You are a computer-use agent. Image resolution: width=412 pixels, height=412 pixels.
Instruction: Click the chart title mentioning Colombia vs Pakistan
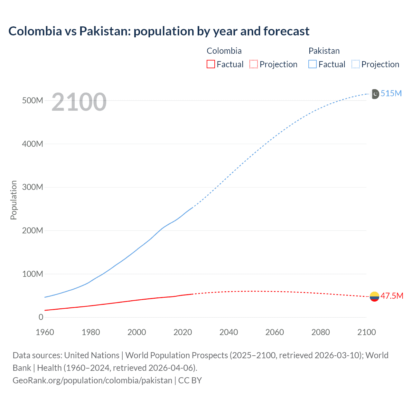point(159,31)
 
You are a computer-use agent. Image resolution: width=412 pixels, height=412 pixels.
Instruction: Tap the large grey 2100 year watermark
point(79,102)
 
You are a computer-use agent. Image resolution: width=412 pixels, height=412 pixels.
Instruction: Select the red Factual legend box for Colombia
point(211,64)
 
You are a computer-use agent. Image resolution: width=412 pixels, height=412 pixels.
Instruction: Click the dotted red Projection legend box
point(254,64)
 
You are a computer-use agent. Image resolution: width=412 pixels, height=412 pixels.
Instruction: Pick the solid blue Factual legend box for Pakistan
point(313,64)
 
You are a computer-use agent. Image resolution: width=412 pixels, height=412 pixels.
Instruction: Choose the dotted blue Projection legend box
point(356,64)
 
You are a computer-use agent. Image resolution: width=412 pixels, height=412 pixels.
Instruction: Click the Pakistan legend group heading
point(324,51)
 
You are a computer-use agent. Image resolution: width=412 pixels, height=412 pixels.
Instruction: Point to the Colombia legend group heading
point(224,51)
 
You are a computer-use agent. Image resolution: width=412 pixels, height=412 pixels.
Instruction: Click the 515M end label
point(391,93)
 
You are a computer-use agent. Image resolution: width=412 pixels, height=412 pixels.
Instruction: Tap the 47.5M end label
point(392,296)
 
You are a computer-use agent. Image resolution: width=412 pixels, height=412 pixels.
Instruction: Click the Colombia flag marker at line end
point(374,296)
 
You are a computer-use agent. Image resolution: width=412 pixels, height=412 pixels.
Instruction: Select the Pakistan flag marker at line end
point(375,94)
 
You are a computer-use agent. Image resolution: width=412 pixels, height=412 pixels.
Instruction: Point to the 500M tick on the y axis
point(33,100)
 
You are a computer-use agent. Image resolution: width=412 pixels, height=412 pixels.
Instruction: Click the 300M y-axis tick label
point(33,187)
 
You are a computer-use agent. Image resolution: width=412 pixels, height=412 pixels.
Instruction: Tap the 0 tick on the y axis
point(41,317)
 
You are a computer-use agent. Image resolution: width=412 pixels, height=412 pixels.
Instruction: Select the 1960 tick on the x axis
point(45,332)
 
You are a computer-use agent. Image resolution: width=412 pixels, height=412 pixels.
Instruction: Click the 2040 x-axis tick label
point(229,332)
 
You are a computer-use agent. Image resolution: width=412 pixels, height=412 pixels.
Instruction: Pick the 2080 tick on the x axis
point(321,332)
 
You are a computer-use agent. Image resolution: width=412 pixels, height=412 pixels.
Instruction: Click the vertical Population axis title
point(14,200)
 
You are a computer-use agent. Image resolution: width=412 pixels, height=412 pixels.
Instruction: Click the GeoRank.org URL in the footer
point(92,380)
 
